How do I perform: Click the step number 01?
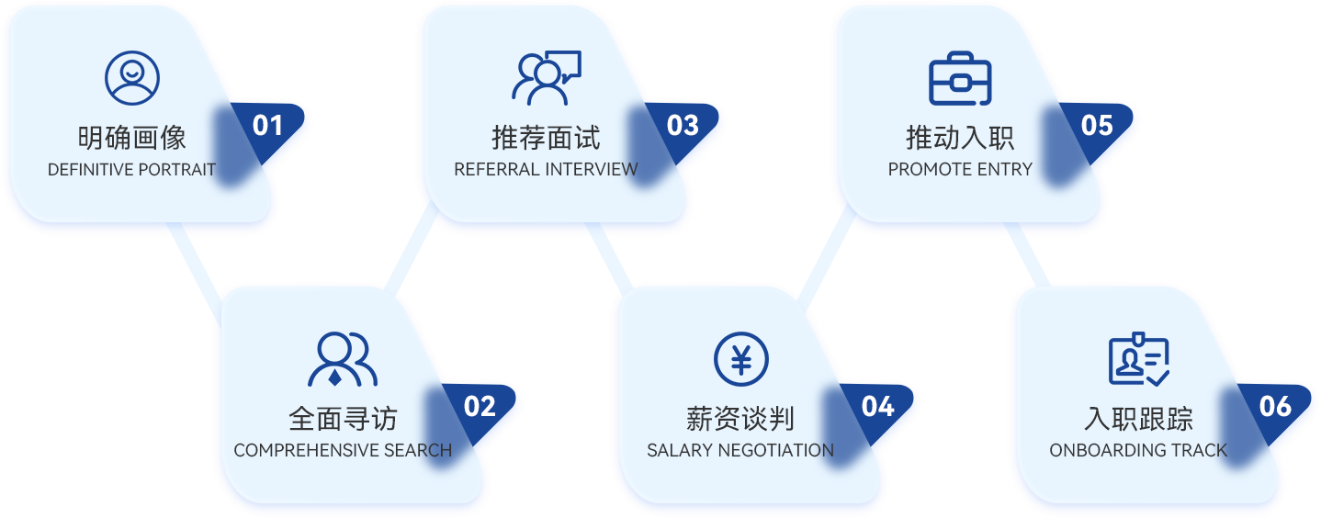267,126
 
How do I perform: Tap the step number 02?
480,407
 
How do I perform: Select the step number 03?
683,126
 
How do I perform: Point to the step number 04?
877,407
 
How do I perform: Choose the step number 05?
1097,126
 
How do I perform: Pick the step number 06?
1275,407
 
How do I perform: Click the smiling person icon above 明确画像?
132,77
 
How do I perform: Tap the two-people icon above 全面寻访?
343,358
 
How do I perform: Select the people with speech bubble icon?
546,77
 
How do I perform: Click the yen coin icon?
740,358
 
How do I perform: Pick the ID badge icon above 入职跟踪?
1138,358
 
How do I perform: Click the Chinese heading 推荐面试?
546,138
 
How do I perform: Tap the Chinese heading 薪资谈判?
740,419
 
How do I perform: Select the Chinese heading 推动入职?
960,138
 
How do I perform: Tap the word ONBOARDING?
1093,451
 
